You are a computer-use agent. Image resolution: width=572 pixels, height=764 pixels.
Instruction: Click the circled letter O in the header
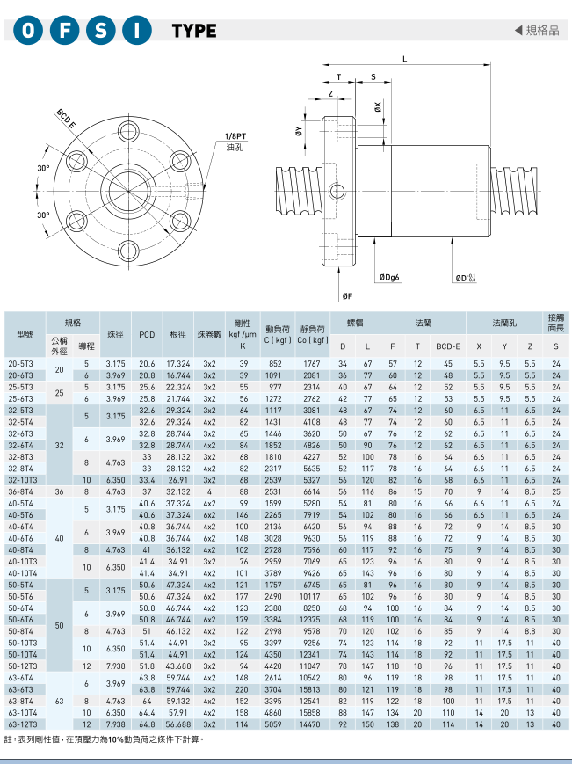[x=28, y=30]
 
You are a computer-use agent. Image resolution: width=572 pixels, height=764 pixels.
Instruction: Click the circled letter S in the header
[x=101, y=30]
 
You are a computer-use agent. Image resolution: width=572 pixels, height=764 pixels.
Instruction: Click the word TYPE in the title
[x=194, y=31]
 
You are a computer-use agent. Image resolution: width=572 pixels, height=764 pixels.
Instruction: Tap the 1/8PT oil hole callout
[x=235, y=142]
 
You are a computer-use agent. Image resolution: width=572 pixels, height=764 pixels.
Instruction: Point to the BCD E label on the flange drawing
[x=66, y=119]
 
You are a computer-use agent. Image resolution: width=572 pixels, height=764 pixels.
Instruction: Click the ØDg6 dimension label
[x=389, y=277]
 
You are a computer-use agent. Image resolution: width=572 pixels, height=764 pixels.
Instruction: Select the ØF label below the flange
[x=347, y=295]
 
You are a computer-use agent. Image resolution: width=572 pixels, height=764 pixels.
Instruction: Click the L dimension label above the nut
[x=404, y=59]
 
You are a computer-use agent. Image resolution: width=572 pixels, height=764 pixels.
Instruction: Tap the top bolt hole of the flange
[x=129, y=131]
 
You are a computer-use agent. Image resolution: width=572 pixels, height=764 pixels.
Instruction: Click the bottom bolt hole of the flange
[x=129, y=251]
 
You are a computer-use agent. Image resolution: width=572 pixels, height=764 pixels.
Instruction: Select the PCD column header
[x=147, y=335]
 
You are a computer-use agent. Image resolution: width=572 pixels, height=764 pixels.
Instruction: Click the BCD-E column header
[x=448, y=346]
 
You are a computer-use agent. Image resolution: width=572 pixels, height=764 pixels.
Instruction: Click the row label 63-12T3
[x=22, y=724]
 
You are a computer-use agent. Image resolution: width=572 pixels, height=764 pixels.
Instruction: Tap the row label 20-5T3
[x=21, y=363]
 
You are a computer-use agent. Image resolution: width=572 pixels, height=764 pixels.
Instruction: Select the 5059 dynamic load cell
[x=273, y=724]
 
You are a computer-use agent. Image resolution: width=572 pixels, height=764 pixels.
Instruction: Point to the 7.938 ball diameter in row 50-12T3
[x=115, y=666]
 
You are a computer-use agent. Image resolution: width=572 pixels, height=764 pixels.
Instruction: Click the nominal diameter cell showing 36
[x=60, y=491]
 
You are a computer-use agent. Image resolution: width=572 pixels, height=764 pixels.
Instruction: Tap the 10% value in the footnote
[x=115, y=739]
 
